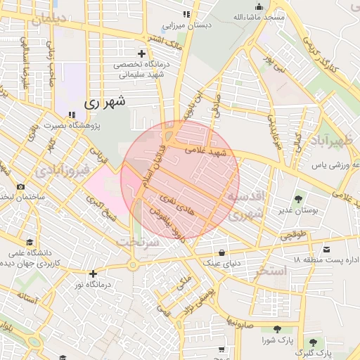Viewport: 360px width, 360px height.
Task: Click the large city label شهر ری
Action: (105, 102)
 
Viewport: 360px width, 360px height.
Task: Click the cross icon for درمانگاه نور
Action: (93, 274)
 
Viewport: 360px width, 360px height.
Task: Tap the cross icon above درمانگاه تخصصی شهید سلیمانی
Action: (142, 53)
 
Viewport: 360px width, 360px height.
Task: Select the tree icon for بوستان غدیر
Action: (297, 199)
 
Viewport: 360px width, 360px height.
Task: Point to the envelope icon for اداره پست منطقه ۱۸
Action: (326, 250)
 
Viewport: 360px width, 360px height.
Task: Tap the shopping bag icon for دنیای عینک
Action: (222, 252)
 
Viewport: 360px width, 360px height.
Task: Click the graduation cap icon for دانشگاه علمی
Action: (29, 242)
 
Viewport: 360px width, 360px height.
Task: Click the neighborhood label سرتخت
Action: (139, 241)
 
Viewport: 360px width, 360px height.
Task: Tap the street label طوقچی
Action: (295, 237)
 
